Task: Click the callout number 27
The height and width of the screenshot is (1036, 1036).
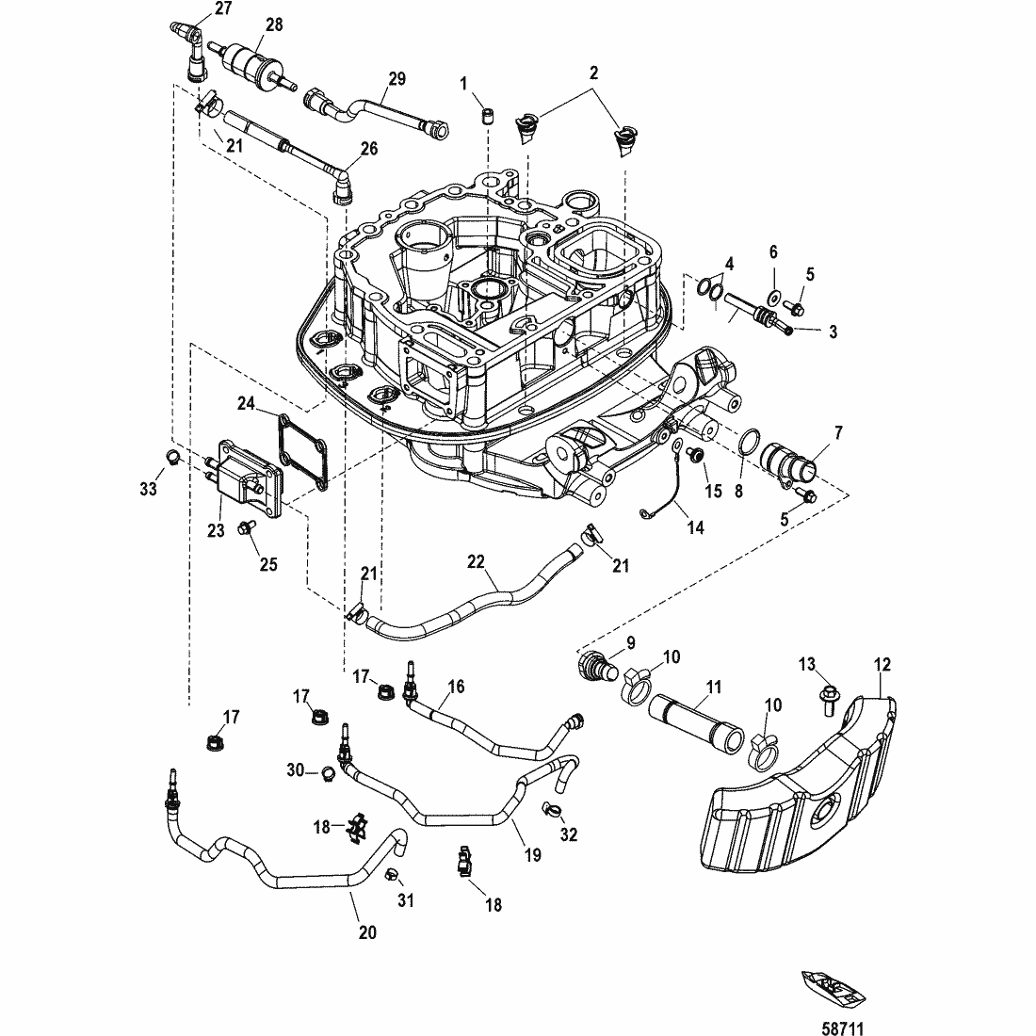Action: tap(222, 8)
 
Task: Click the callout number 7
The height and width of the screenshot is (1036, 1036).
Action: tap(837, 434)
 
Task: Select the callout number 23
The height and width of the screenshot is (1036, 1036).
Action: tap(216, 530)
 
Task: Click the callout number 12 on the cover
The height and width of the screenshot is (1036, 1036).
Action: tap(882, 665)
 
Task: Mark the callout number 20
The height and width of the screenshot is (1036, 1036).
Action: tap(367, 932)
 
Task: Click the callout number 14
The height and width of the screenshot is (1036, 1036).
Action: tap(695, 528)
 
